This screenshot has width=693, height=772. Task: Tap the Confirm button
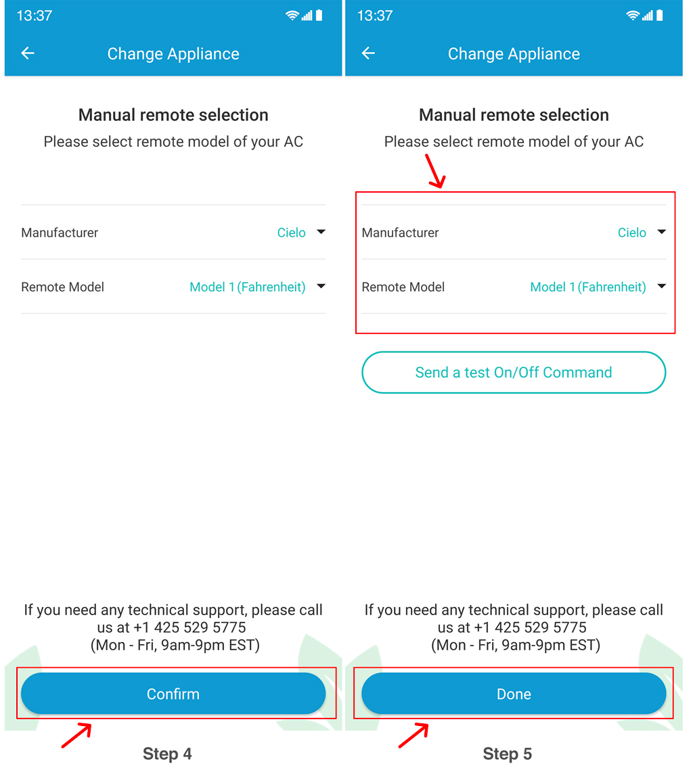click(173, 693)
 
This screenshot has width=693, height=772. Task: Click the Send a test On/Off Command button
click(514, 372)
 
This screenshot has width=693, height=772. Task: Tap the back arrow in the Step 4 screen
click(28, 53)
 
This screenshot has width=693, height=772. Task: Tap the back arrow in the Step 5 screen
click(368, 53)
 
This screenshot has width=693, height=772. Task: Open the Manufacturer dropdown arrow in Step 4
click(321, 231)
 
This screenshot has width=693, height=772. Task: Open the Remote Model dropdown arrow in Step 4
click(321, 286)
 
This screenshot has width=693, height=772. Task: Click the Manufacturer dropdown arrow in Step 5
click(661, 231)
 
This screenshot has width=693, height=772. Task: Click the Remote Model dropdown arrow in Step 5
click(661, 286)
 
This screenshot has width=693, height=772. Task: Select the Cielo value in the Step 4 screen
click(291, 233)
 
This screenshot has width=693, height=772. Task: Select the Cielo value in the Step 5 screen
click(632, 233)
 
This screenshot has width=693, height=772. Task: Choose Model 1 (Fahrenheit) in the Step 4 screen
click(248, 287)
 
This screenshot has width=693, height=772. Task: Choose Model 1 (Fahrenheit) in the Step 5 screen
click(588, 287)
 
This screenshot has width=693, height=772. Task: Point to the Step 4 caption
click(167, 754)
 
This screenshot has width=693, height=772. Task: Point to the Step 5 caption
click(507, 754)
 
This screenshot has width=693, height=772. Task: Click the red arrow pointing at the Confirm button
click(77, 735)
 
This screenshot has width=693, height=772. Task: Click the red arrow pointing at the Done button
click(413, 735)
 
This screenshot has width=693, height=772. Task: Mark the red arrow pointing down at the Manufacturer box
click(436, 171)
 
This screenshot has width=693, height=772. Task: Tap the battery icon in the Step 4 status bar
click(319, 16)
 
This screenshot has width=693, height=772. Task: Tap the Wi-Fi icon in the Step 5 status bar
click(632, 16)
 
